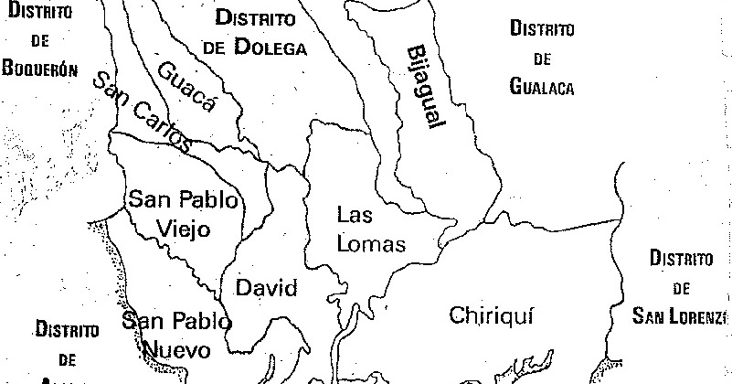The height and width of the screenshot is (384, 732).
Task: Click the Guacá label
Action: coord(186,88)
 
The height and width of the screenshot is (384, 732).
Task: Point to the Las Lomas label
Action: coord(370,229)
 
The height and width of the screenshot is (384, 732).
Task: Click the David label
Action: coord(267,289)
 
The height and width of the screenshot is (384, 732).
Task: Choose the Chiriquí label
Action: coord(491,315)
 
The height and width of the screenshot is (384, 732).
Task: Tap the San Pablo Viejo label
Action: coord(183,213)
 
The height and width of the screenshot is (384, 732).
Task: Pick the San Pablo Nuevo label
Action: coord(175,335)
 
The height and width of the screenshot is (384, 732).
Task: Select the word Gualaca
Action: coord(542,87)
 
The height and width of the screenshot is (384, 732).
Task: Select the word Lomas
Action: coord(371,243)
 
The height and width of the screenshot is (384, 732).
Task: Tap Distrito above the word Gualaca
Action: coord(542,29)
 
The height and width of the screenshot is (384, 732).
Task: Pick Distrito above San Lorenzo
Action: coord(681,259)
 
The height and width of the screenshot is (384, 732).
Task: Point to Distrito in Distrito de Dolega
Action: coord(256,18)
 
